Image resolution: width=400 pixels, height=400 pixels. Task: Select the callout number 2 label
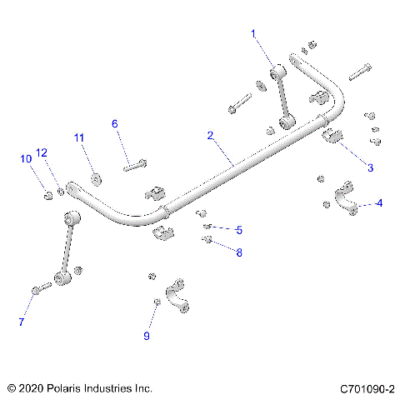210,135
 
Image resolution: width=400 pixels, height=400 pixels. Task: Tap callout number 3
371,167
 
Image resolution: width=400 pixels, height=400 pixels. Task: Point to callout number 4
379,202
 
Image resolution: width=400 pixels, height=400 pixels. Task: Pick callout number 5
239,229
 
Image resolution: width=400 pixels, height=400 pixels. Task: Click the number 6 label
115,123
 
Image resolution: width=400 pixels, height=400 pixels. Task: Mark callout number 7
21,321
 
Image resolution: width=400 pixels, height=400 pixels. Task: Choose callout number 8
239,252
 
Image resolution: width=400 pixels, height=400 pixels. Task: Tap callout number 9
147,336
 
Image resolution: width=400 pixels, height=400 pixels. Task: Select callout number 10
25,158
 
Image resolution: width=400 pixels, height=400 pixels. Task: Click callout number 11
79,137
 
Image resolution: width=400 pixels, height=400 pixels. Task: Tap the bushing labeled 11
95,177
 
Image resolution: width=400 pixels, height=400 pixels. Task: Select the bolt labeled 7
40,289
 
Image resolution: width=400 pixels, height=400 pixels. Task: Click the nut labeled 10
48,196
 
